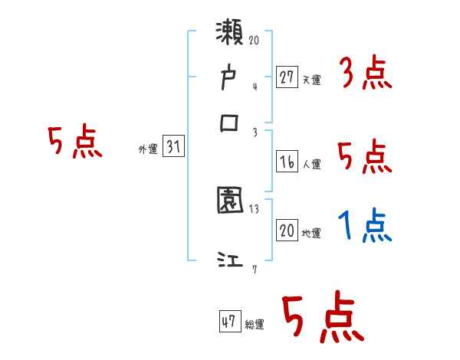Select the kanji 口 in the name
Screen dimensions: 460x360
[230, 123]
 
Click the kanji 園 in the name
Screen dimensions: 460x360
[230, 201]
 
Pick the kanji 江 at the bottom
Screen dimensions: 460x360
[230, 260]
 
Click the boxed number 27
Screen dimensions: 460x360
[287, 77]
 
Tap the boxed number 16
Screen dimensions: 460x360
[287, 162]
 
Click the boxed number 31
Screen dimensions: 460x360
[173, 148]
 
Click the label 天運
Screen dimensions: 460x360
[311, 80]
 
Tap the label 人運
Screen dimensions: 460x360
[311, 165]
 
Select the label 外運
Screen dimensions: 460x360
[148, 150]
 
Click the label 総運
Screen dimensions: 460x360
[255, 325]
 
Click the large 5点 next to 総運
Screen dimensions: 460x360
[322, 318]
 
